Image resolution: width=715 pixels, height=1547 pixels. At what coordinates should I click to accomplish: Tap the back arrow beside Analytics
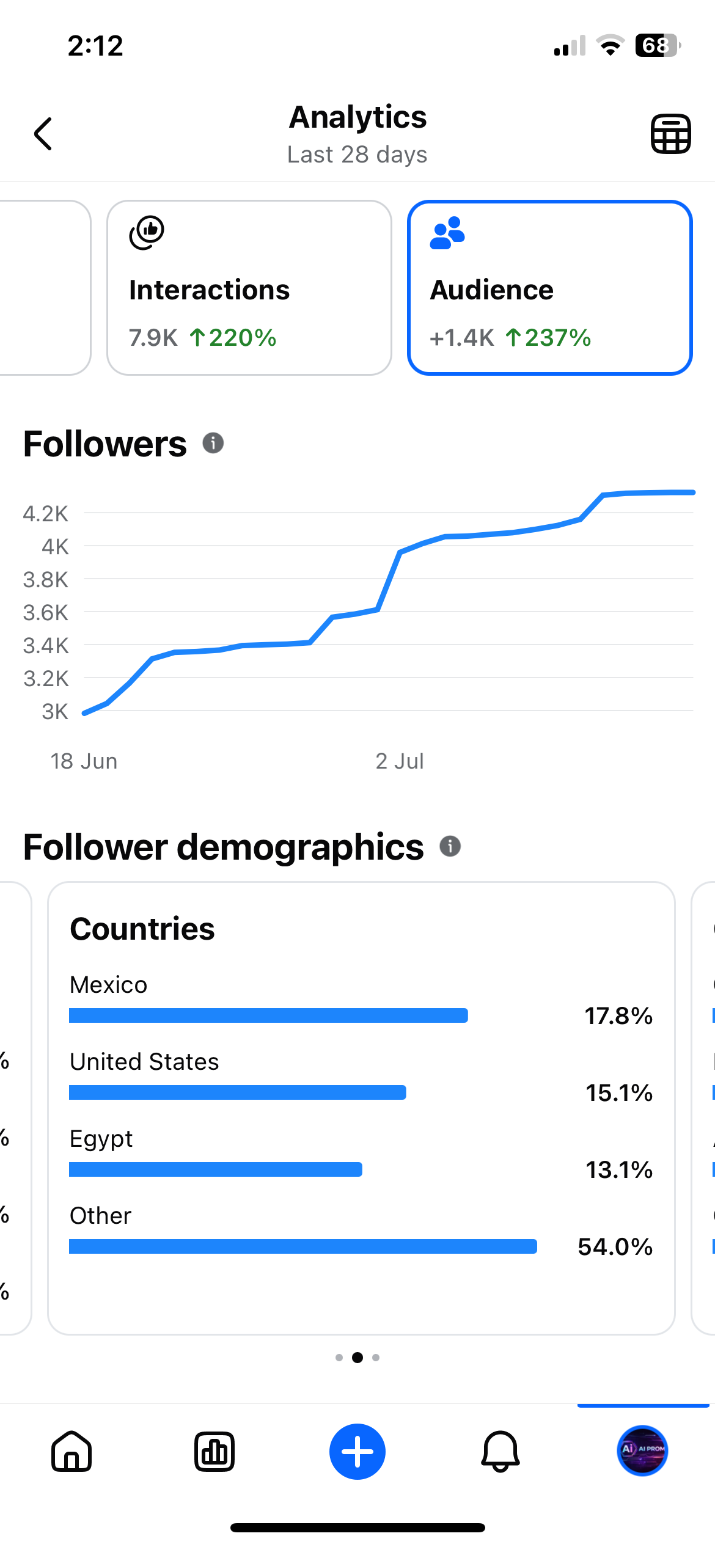43,134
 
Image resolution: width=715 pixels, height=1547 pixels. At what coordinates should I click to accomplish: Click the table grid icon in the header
670,134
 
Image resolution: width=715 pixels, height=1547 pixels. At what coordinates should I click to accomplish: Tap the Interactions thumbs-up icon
147,232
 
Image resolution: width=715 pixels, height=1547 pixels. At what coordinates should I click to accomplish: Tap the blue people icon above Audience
447,233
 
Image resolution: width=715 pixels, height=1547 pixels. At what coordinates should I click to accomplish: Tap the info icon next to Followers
213,443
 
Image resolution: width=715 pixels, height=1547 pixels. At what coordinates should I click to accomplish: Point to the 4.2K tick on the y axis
46,514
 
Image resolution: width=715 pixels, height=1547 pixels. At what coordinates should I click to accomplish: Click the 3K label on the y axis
55,712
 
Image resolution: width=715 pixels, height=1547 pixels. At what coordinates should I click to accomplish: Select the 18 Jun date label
84,761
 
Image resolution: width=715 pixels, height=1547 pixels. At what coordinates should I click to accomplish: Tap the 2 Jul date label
400,761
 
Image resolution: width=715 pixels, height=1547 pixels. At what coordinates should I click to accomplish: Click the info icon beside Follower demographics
450,846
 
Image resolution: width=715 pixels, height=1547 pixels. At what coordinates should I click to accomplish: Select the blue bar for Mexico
268,1015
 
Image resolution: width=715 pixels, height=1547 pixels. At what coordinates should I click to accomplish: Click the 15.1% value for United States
619,1093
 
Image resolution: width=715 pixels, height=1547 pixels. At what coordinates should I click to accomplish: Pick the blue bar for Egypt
216,1169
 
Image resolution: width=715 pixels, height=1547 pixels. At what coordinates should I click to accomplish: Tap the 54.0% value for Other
615,1247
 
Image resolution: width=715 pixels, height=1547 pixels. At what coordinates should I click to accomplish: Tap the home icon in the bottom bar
71,1451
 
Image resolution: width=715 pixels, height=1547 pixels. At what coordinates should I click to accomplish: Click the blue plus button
358,1452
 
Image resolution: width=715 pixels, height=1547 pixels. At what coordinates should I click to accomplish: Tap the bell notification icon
501,1452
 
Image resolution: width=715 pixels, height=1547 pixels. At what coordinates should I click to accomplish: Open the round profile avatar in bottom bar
642,1450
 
